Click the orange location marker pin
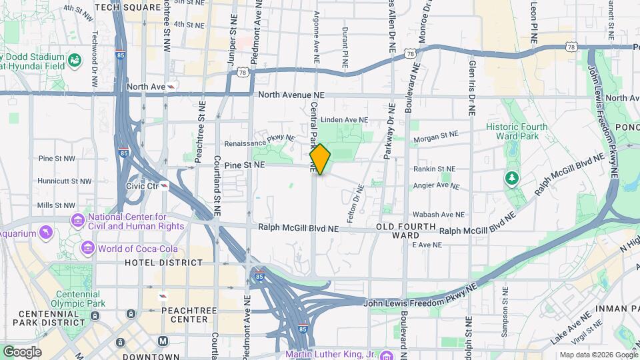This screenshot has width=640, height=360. (x=320, y=159)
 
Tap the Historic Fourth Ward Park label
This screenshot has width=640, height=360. (x=517, y=131)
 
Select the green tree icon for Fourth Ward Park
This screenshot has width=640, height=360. (x=512, y=178)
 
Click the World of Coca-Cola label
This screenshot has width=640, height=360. (x=141, y=249)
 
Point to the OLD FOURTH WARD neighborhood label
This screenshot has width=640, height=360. (x=407, y=231)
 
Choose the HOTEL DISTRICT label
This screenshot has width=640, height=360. (x=163, y=263)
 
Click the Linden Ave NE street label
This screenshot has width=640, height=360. (x=344, y=120)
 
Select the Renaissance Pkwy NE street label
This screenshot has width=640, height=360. (x=259, y=141)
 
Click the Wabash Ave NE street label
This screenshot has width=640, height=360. (x=438, y=215)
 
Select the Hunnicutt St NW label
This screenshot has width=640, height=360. (x=65, y=181)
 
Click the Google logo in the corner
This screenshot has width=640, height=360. (x=21, y=351)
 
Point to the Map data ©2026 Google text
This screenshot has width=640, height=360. (x=597, y=355)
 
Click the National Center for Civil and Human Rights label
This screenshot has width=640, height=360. (x=136, y=221)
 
